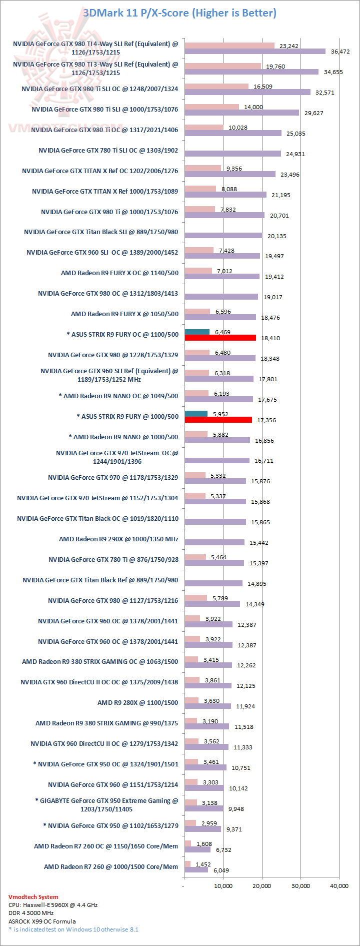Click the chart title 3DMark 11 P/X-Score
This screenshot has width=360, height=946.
[179, 13]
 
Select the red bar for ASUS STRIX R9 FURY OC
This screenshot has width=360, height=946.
[220, 338]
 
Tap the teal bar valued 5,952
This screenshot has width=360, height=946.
[196, 414]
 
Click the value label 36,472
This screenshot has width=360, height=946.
[340, 52]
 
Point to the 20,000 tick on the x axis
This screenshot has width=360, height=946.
[261, 886]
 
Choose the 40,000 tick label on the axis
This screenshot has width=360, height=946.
[339, 886]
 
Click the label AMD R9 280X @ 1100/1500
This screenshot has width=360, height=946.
[137, 702]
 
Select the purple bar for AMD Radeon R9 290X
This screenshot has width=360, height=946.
[214, 542]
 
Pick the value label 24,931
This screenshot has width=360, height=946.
[295, 154]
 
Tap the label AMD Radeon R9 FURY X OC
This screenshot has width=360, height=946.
[119, 273]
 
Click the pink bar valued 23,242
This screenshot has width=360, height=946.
[229, 46]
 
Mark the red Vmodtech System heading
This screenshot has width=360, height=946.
[33, 897]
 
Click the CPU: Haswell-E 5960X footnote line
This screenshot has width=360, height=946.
[53, 905]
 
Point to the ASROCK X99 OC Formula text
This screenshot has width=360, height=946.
[42, 921]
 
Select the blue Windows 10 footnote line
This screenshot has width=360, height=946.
[73, 929]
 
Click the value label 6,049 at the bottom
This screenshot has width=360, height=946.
[221, 870]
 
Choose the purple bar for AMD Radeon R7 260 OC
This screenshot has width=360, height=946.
[197, 849]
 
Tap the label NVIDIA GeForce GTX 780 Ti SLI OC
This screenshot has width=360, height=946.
[108, 150]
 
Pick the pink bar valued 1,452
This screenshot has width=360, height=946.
[187, 864]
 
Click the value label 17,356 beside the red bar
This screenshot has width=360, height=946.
[266, 420]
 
